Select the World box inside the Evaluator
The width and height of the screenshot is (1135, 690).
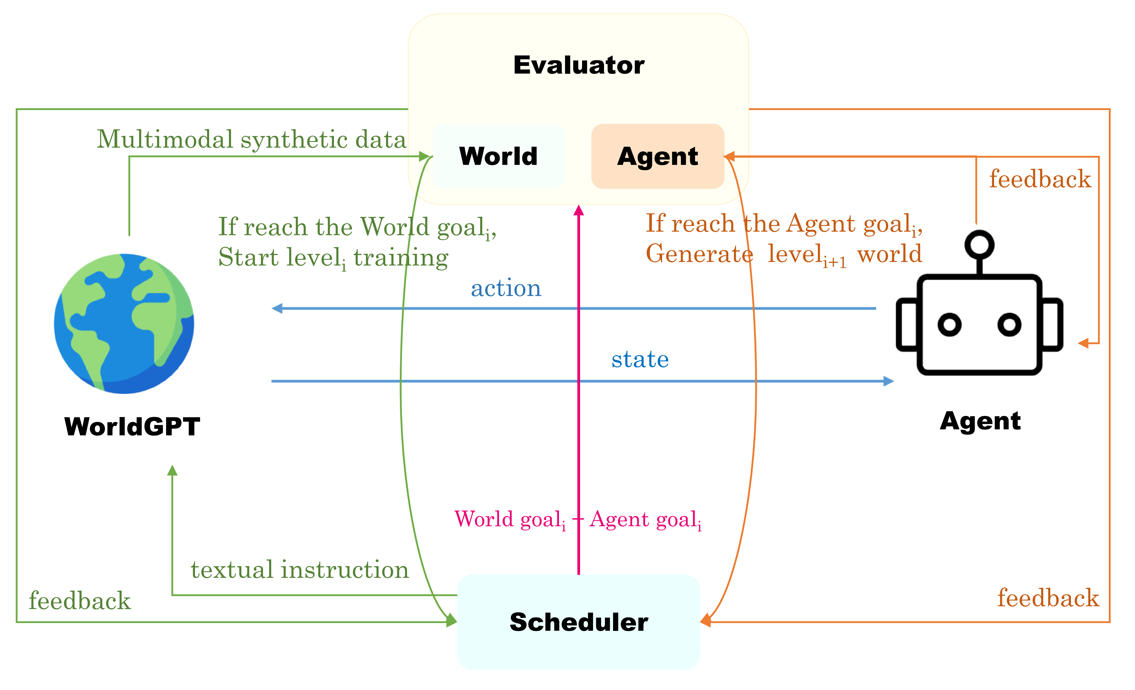pos(498,156)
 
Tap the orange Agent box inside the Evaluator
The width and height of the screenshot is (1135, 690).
pos(657,156)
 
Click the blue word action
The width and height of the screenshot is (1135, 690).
pos(506,288)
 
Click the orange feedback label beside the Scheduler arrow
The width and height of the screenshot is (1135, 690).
pos(1048,598)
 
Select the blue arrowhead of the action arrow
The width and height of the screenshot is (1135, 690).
pos(277,308)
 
